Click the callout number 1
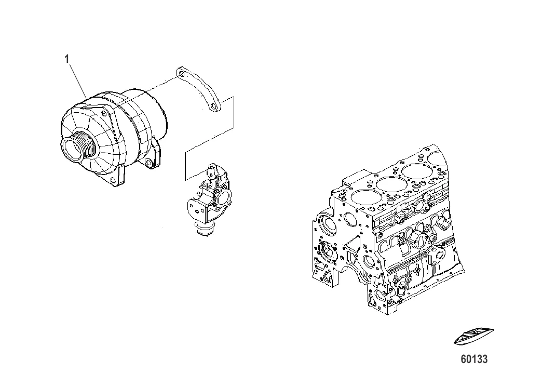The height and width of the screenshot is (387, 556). tap(67, 59)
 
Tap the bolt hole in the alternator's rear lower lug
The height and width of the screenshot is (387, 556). tap(148, 163)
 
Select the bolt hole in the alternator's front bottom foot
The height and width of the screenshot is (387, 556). tap(114, 180)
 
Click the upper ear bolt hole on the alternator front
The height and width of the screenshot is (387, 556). tap(104, 114)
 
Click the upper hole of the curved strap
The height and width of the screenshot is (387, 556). tap(182, 74)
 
